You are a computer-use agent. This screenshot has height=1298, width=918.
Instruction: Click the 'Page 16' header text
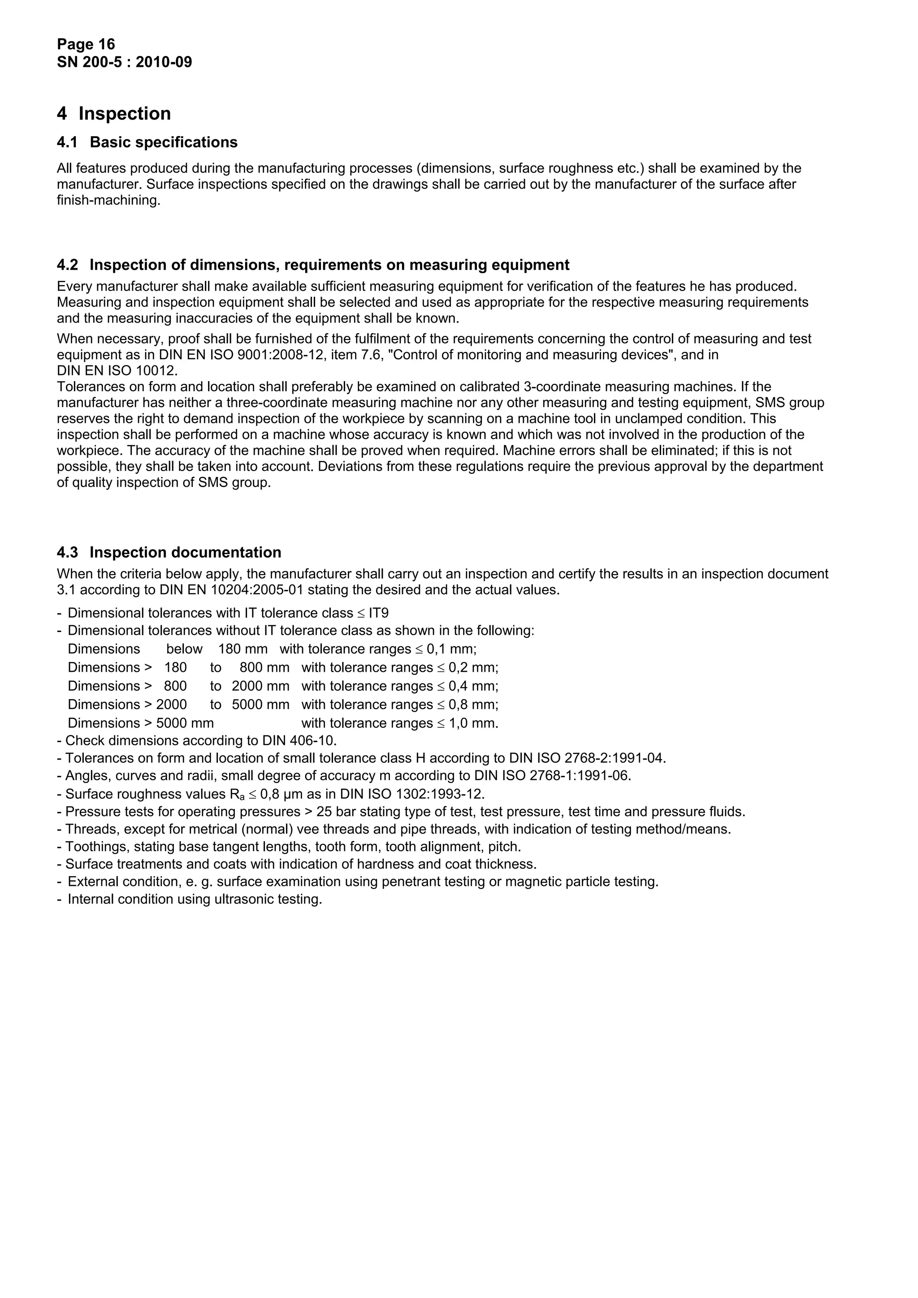[86, 44]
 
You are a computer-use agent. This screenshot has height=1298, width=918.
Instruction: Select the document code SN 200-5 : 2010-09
[125, 62]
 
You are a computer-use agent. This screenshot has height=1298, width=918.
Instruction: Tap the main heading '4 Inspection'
[114, 114]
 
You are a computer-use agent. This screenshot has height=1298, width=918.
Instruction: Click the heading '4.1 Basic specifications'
[147, 142]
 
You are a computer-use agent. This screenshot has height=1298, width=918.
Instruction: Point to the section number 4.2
[67, 265]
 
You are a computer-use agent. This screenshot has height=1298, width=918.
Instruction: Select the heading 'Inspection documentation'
[185, 552]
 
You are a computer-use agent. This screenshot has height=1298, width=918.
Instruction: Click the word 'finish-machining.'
[108, 200]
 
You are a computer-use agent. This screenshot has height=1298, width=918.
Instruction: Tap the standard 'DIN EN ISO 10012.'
[117, 371]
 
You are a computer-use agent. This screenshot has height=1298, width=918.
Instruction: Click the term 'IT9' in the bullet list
[378, 613]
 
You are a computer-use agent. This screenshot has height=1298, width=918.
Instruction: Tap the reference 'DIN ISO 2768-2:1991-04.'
[587, 758]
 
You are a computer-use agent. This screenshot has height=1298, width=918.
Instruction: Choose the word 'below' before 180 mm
[184, 649]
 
